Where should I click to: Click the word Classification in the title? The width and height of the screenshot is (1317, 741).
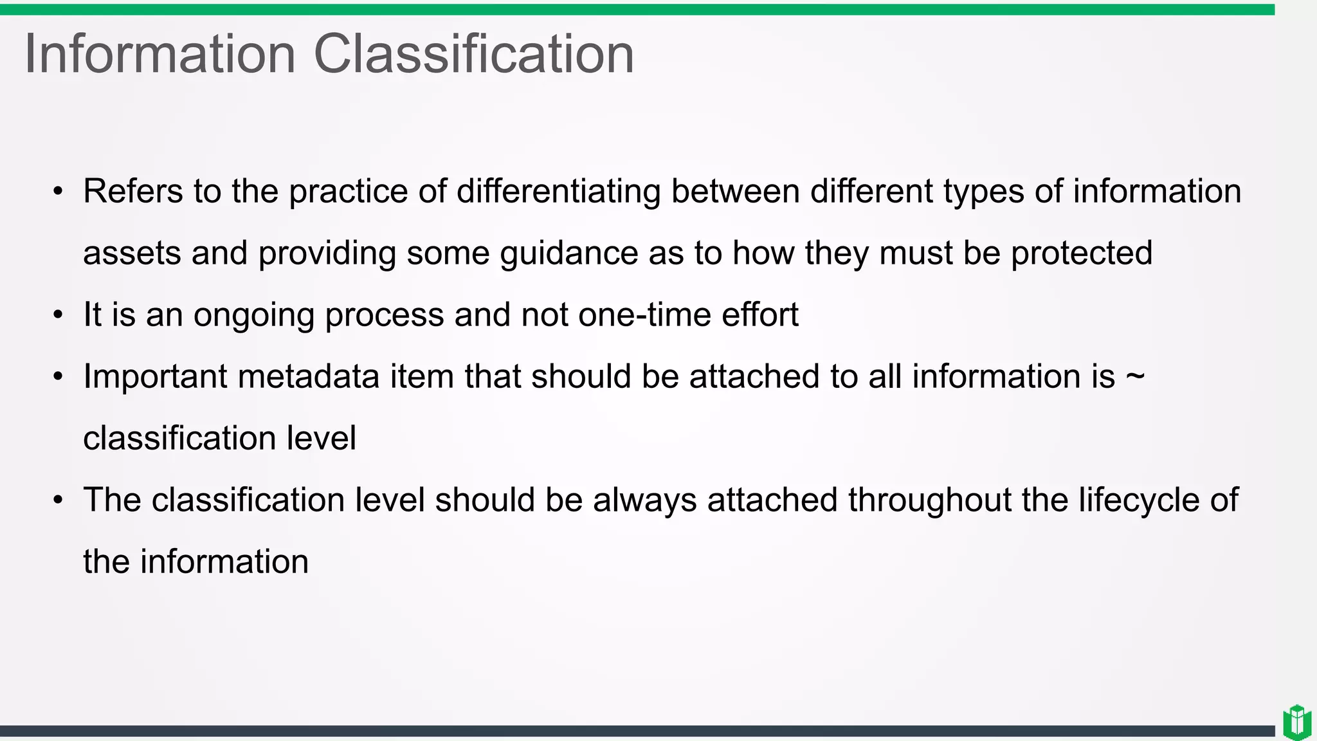473,54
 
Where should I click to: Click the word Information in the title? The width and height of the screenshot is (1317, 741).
159,54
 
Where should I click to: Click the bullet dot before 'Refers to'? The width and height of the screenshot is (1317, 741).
59,192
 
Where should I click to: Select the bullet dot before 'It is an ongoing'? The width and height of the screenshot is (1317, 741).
59,315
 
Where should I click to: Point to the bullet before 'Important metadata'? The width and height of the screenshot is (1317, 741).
59,377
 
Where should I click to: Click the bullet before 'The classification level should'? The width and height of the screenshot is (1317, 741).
59,500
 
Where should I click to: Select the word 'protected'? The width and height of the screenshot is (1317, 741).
1082,253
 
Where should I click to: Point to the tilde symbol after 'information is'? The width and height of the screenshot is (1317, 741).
1135,377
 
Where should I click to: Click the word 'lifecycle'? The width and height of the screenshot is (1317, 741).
1139,500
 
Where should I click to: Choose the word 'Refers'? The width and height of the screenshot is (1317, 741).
133,192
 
